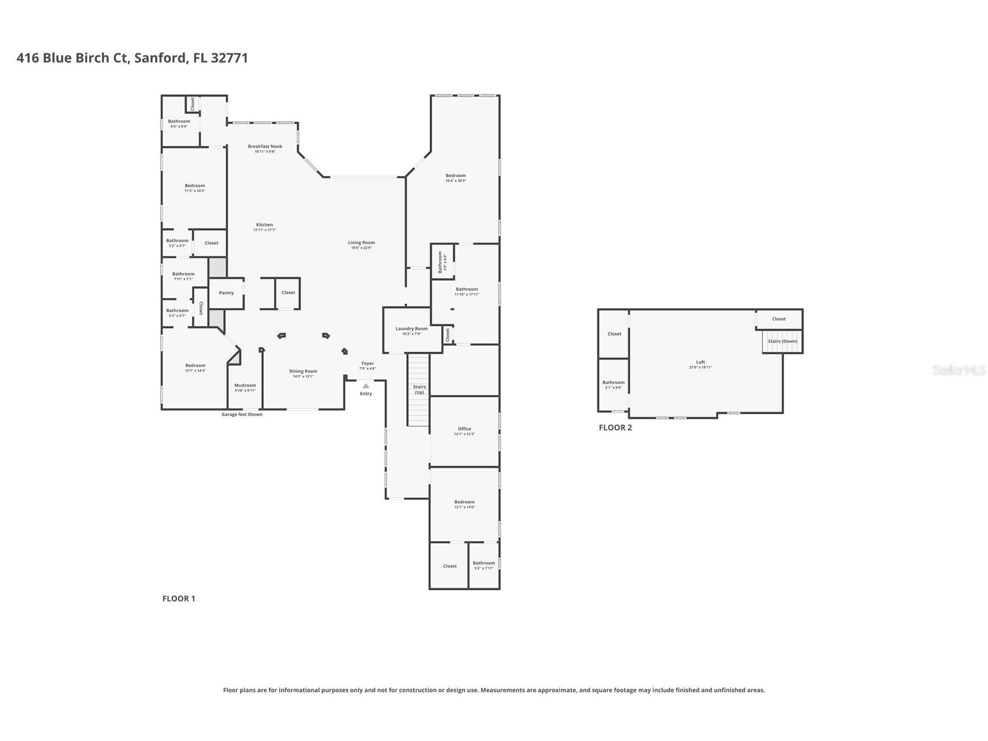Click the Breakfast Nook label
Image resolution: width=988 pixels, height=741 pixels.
[265, 147]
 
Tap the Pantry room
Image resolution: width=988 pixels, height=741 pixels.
[226, 293]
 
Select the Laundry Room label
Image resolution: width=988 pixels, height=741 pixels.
[412, 329]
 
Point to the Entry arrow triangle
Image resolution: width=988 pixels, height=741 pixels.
[366, 386]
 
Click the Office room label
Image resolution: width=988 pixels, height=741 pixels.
[464, 429]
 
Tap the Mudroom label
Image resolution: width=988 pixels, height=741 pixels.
[245, 386]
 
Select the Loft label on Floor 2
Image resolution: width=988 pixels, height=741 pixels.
[700, 362]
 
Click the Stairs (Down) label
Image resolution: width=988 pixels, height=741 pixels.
[782, 341]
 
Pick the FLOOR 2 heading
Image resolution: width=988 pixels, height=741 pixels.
[615, 428]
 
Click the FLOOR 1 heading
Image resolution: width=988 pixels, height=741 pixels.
[179, 599]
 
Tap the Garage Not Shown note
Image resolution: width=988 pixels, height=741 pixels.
[242, 415]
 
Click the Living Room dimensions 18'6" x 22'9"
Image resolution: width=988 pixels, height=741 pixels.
[361, 248]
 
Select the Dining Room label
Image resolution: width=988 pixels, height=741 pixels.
[303, 372]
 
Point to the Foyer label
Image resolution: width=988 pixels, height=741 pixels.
[367, 364]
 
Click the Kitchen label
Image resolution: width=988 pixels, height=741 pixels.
[264, 225]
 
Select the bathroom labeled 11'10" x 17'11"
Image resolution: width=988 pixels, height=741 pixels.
[466, 290]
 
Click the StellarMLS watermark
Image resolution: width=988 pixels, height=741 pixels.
[958, 370]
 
